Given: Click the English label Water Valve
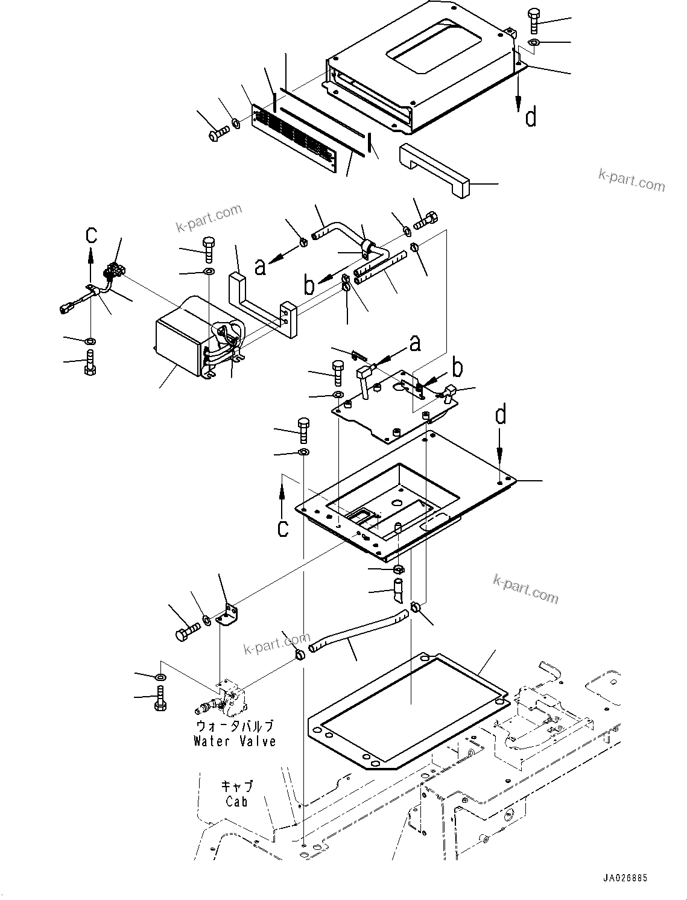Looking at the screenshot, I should pos(235,741).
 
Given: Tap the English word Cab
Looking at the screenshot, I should pos(237,802).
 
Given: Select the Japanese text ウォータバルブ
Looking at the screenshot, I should pos(235,726).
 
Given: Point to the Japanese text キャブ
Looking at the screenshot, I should pos(237,787).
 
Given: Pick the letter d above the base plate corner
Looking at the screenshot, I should pos(501,416).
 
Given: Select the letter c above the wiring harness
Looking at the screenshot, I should pos(90,233).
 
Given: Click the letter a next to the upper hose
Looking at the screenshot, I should pos(260,266).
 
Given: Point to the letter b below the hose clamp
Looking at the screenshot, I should pos(309,285).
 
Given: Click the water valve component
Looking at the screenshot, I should pos(226,697).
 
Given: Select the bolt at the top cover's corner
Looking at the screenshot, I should pos(534,21).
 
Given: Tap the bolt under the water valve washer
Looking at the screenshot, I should pos(160,699).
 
